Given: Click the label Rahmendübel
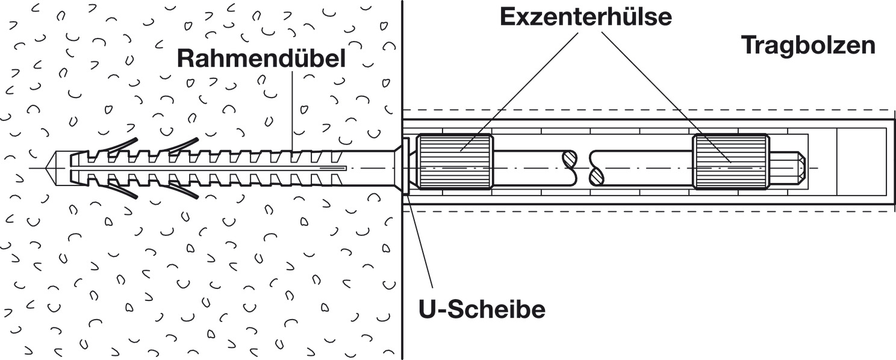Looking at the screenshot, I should pos(261,59).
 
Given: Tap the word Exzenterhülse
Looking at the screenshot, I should pos(586,17).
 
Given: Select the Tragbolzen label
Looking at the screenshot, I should pos(807,45).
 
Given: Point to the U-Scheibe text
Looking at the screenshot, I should pos(482,309).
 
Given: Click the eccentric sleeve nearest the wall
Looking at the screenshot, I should pos(456,162).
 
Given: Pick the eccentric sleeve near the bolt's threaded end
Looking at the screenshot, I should pos(730,162).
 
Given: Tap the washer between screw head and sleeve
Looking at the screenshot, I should pos(405,166).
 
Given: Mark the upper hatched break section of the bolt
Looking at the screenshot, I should pos(569,159).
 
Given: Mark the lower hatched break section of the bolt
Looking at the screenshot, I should pos(596,176).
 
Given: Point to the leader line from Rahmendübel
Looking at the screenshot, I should pos(293,108).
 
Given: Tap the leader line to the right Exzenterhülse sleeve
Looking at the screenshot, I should pos(662,90).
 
